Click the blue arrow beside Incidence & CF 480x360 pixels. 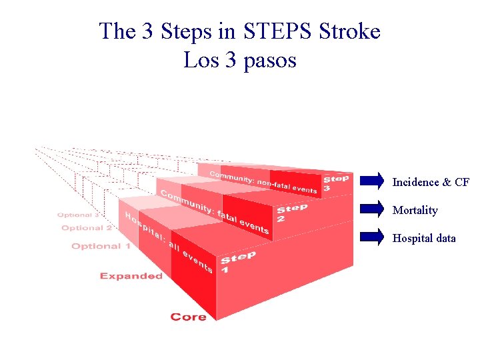click(372, 181)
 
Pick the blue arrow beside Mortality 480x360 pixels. click(372, 209)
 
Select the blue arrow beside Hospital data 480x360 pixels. click(372, 237)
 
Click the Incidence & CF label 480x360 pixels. click(431, 182)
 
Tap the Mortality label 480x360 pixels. click(415, 211)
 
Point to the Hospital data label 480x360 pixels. click(424, 238)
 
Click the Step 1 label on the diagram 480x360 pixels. click(237, 263)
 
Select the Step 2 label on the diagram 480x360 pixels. click(291, 213)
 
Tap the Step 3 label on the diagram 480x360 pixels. click(336, 183)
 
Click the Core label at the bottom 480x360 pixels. click(188, 317)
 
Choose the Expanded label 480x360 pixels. click(131, 276)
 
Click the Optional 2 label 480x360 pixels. click(87, 228)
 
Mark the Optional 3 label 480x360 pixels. click(78, 215)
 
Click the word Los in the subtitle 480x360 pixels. click(197, 61)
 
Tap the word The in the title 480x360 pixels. click(117, 31)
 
